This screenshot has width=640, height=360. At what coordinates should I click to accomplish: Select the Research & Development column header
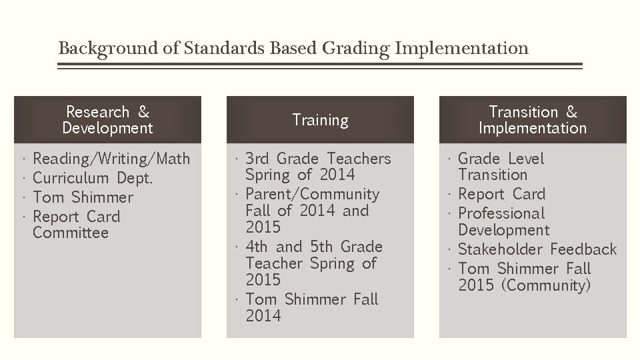click(107, 120)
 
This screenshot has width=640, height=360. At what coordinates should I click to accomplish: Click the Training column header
click(320, 120)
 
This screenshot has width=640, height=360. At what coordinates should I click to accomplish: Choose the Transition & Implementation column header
click(533, 120)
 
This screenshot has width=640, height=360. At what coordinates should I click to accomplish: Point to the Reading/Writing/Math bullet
click(111, 159)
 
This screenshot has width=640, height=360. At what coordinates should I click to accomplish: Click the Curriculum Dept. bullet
click(93, 178)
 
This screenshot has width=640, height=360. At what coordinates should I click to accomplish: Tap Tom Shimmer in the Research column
click(83, 197)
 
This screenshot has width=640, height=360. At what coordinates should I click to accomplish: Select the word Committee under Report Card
click(70, 233)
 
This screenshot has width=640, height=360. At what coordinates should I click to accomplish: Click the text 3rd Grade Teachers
click(318, 159)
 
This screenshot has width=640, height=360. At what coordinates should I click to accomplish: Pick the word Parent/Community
click(312, 194)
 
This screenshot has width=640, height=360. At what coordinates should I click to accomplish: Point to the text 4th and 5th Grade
click(313, 247)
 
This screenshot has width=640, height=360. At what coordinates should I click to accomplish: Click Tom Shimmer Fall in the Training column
click(311, 299)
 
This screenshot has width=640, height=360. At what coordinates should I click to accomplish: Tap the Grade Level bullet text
click(501, 159)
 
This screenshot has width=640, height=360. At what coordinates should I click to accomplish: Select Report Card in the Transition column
click(501, 194)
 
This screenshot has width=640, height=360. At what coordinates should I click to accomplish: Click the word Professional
click(501, 213)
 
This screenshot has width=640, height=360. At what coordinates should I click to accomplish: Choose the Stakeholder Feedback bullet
click(537, 249)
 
